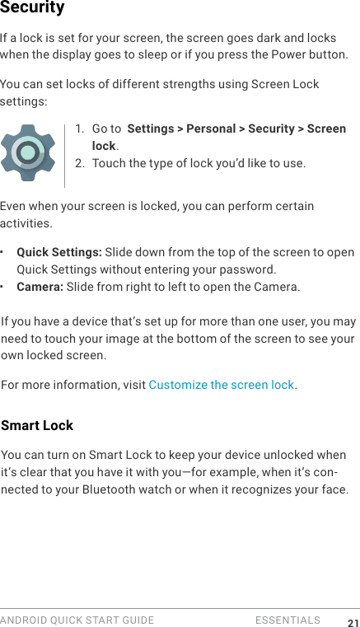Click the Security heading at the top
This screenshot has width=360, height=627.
(32, 8)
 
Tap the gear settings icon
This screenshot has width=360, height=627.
(28, 153)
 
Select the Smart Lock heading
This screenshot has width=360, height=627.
(37, 425)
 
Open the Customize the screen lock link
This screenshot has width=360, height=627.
(221, 385)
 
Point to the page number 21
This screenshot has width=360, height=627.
(353, 622)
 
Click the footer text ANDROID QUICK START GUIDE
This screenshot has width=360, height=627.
(77, 620)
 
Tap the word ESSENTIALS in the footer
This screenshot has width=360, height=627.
(288, 620)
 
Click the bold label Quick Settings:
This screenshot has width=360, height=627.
(59, 252)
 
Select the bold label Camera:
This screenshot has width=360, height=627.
(40, 287)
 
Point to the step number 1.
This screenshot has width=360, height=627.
(78, 129)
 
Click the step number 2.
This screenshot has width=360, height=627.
(79, 163)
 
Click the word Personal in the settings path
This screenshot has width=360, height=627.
(212, 129)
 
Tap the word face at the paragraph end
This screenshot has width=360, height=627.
(334, 490)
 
